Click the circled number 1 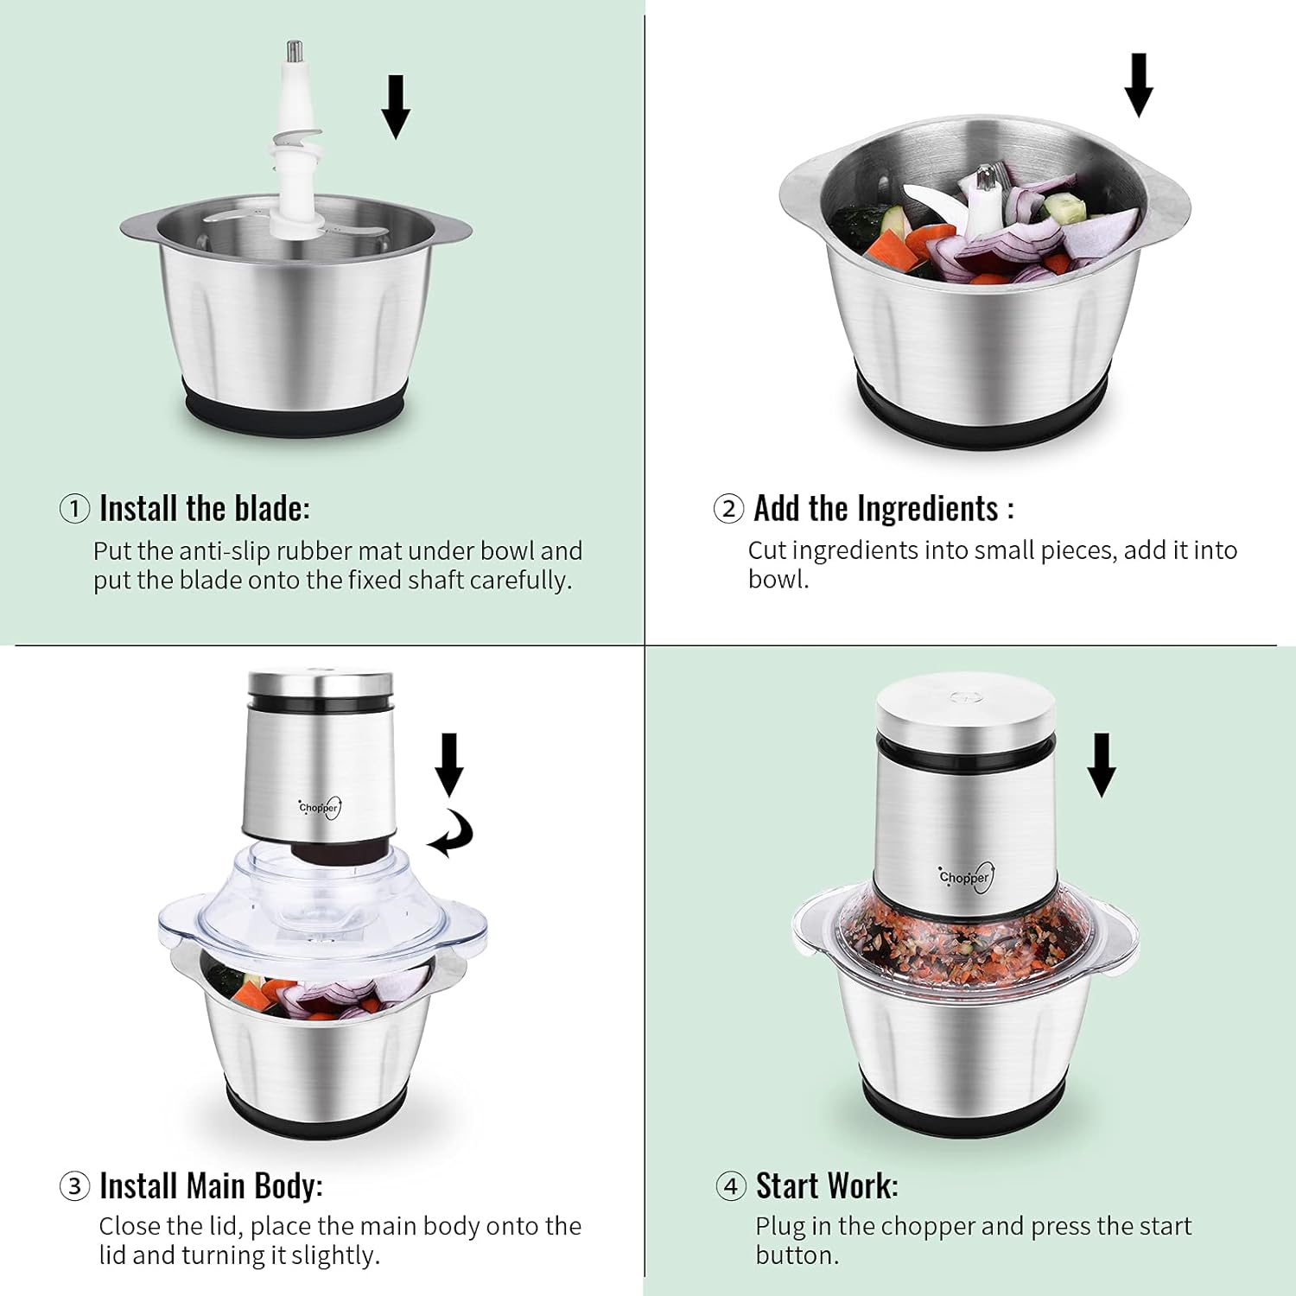(74, 508)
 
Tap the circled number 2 (728, 508)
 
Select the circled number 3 (74, 1186)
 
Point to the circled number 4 (731, 1186)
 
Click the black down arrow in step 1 (396, 107)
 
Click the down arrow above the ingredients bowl (1139, 85)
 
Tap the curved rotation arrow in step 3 (454, 835)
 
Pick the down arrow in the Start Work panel (1101, 766)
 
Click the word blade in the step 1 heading (266, 508)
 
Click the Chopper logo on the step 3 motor (320, 808)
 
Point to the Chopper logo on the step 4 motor (966, 877)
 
